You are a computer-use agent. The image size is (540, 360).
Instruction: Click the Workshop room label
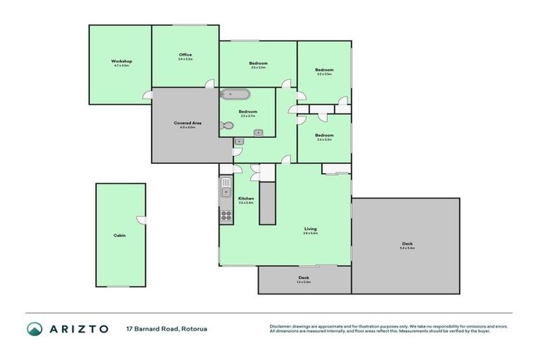pyautogui.click(x=121, y=62)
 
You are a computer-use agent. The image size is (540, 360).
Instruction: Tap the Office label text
pyautogui.click(x=186, y=55)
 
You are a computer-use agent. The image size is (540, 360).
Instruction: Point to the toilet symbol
pyautogui.click(x=226, y=126)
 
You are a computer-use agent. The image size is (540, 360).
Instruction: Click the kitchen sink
pyautogui.click(x=226, y=190)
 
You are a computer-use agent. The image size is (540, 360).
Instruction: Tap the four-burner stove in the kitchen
pyautogui.click(x=226, y=216)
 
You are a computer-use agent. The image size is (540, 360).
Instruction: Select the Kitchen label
pyautogui.click(x=245, y=199)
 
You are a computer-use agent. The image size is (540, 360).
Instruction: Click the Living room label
pyautogui.click(x=310, y=229)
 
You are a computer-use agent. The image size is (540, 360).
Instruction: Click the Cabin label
pyautogui.click(x=120, y=236)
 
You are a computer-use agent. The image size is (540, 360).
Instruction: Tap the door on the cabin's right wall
pyautogui.click(x=143, y=220)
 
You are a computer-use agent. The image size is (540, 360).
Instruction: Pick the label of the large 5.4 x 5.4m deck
pyautogui.click(x=407, y=244)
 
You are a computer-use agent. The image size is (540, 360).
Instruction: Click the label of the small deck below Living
pyautogui.click(x=304, y=278)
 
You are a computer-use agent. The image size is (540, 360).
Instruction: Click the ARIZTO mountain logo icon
pyautogui.click(x=34, y=328)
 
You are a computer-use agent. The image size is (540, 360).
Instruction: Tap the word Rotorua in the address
pyautogui.click(x=193, y=328)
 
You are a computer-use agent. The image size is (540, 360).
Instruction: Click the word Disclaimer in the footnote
pyautogui.click(x=283, y=326)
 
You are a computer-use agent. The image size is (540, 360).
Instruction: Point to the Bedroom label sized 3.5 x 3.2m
pyautogui.click(x=257, y=64)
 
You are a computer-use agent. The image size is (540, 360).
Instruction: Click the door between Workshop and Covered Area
pyautogui.click(x=148, y=94)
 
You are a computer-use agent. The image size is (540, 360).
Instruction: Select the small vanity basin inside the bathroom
pyautogui.click(x=259, y=132)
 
